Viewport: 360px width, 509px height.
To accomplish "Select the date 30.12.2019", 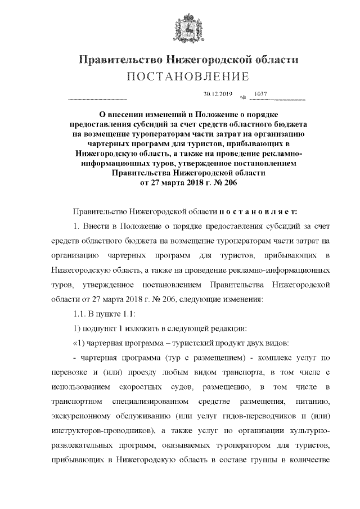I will pyautogui.click(x=218, y=94).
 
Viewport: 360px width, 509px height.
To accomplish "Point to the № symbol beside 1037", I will pyautogui.click(x=244, y=98).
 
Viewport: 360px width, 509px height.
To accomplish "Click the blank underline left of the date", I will pyautogui.click(x=97, y=99).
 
